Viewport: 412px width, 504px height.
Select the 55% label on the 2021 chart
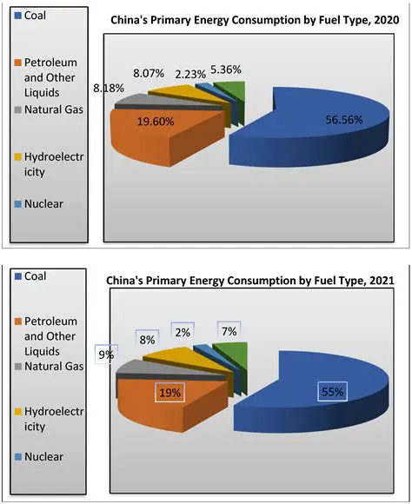331,392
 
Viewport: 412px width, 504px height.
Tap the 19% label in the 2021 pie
169,393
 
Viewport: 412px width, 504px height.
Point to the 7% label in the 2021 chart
228,331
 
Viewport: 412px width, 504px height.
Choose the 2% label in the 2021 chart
183,331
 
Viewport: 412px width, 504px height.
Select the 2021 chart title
250,281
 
